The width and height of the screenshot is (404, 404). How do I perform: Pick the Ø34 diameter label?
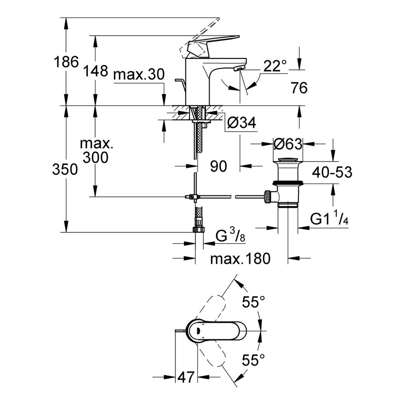(x=241, y=123)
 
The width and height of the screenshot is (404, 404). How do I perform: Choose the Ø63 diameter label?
(x=288, y=143)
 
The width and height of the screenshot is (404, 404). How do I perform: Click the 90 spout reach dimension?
(x=219, y=166)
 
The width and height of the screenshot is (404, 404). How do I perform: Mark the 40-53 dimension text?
(x=331, y=172)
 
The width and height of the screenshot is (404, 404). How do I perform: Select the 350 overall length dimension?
(x=65, y=169)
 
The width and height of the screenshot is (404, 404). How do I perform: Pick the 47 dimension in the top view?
(x=185, y=377)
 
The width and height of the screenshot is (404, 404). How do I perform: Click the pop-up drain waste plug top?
(x=288, y=159)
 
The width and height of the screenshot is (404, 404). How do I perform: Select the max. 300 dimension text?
(x=95, y=150)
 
